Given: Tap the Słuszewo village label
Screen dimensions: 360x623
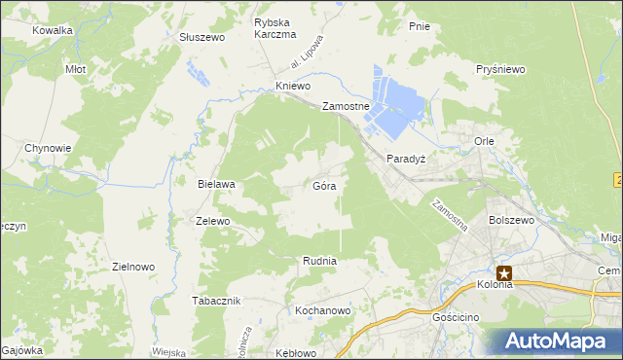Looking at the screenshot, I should [x=202, y=37].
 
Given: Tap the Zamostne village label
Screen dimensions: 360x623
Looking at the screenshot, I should [x=346, y=107].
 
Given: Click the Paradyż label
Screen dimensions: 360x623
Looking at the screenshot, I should [x=407, y=158].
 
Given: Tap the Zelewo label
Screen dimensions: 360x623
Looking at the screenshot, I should [x=212, y=221].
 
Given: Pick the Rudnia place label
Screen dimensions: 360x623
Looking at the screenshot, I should [x=319, y=260].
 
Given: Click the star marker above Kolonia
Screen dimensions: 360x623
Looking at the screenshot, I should [x=504, y=274].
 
